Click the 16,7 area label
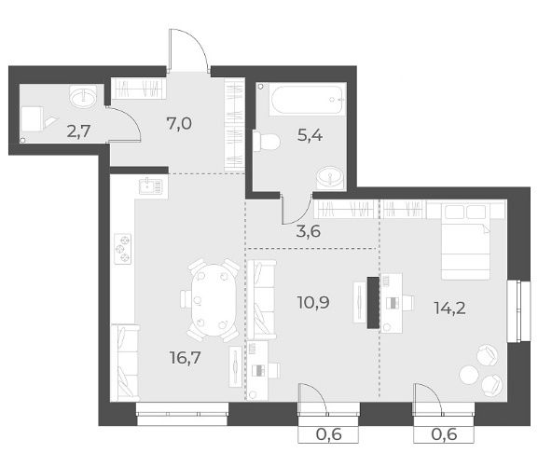pyautogui.click(x=186, y=358)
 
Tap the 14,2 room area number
pyautogui.click(x=449, y=308)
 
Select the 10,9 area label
pyautogui.click(x=313, y=302)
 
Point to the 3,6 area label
pyautogui.click(x=309, y=231)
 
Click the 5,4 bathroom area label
pyautogui.click(x=310, y=135)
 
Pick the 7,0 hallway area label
pyautogui.click(x=179, y=123)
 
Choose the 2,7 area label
pyautogui.click(x=79, y=131)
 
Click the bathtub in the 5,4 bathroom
pyautogui.click(x=307, y=100)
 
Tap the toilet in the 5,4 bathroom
pyautogui.click(x=267, y=141)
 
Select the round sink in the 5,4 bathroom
pyautogui.click(x=330, y=177)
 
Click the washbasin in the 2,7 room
pyautogui.click(x=83, y=96)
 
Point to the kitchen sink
pyautogui.click(x=151, y=186)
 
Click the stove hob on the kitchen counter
pyautogui.click(x=122, y=249)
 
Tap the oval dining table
pyautogui.click(x=214, y=300)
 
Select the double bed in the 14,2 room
pyautogui.click(x=465, y=240)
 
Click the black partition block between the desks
pyautogui.click(x=373, y=303)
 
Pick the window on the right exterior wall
pyautogui.click(x=518, y=311)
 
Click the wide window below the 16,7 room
pyautogui.click(x=182, y=414)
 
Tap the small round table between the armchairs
pyautogui.click(x=469, y=375)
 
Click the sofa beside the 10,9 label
pyautogui.click(x=261, y=299)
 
